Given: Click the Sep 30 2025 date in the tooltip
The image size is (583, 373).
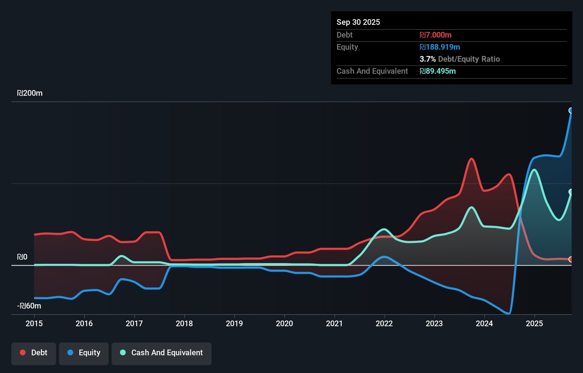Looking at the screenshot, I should [x=358, y=22].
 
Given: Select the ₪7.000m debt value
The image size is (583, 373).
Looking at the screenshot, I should [x=435, y=35].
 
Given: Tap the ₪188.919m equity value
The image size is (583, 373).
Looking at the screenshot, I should [x=440, y=47].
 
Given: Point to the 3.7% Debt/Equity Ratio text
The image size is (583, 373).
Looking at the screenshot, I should [x=459, y=59].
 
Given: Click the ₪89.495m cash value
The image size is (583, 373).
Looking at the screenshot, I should [x=437, y=71].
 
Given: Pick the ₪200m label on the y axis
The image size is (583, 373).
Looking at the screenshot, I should [x=30, y=93].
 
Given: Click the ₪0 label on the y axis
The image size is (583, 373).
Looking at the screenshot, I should [x=22, y=257].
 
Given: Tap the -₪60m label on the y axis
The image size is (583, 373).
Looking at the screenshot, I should [x=29, y=306].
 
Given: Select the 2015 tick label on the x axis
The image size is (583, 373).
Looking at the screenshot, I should [x=34, y=323].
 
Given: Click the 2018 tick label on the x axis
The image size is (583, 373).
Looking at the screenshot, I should [x=184, y=323].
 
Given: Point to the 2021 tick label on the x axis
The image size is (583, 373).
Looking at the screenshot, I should [x=334, y=323].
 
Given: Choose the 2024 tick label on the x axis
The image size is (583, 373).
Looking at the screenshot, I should [x=484, y=323].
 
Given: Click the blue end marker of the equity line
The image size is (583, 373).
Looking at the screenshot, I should [x=571, y=111].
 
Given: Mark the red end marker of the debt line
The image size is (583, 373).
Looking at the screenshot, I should [x=571, y=259].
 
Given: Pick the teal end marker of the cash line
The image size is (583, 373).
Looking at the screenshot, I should [x=571, y=192].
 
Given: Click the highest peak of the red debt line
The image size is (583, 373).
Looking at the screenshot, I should [x=472, y=158].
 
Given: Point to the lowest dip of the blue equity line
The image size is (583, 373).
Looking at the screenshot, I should [x=509, y=313].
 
